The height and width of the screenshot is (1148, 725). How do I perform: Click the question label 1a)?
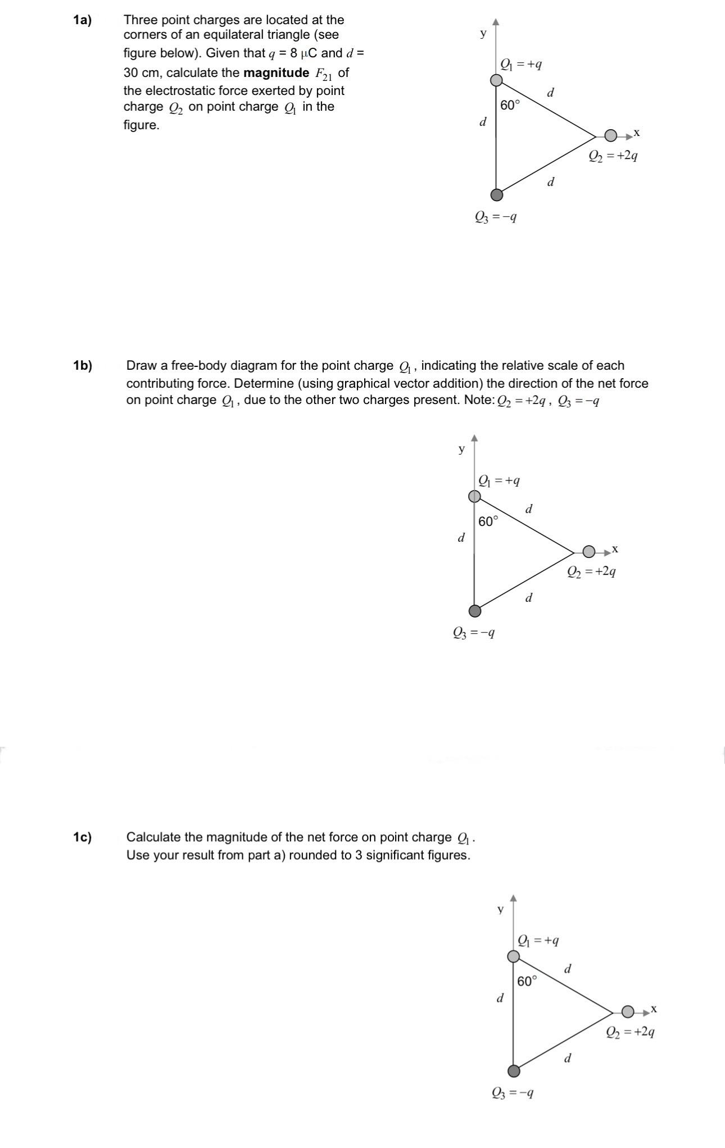coord(82,20)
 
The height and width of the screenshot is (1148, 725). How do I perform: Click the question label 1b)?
coord(82,366)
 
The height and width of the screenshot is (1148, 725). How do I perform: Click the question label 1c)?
coord(82,837)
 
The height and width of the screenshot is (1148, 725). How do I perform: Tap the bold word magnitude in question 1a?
coord(276,73)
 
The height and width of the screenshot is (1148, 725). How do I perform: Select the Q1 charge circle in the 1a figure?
coord(496,80)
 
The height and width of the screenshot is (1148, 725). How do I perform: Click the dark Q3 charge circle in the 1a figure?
coord(496,195)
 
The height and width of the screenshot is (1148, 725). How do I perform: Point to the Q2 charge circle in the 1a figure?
coord(611,135)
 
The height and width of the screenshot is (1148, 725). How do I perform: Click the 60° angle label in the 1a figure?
coord(510,105)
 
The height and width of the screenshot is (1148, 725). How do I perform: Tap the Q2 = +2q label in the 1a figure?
coord(613,156)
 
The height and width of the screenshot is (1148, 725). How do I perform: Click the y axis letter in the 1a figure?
coord(483,33)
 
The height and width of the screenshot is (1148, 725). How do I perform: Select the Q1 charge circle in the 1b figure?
coord(475,496)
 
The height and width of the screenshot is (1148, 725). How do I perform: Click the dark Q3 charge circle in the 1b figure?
coord(475,611)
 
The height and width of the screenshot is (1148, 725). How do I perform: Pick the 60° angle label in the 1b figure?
coord(488,521)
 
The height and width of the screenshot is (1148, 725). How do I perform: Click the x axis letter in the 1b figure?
coord(615,548)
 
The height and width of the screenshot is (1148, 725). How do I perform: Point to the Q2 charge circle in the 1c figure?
coord(628,1012)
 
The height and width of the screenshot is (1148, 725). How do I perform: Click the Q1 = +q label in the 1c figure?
coord(538,940)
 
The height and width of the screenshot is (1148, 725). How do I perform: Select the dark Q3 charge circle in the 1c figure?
coord(514,1071)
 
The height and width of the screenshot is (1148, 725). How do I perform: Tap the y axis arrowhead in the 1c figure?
coord(513,899)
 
